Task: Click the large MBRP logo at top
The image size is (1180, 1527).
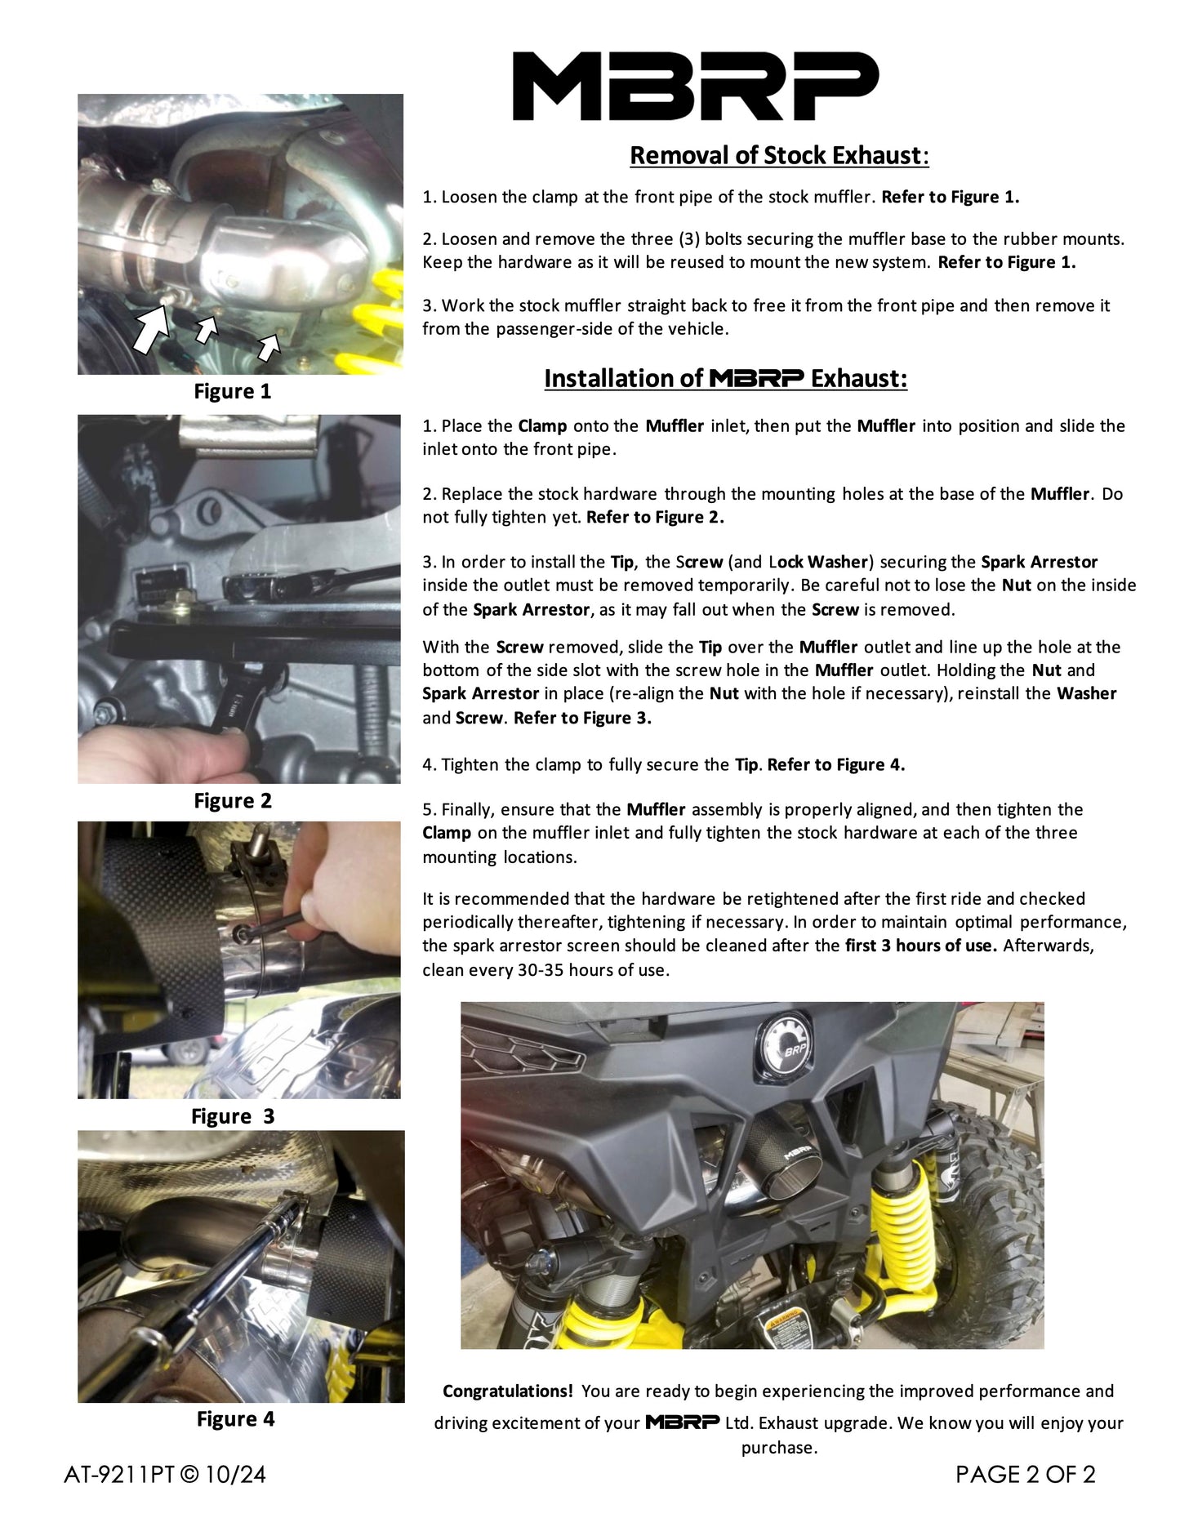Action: [695, 86]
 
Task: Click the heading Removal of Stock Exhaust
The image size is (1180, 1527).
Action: [779, 155]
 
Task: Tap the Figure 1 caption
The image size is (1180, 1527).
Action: [232, 391]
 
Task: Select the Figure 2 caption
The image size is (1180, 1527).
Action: [232, 801]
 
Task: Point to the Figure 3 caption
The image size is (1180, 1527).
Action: [232, 1116]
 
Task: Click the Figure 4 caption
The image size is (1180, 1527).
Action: [235, 1419]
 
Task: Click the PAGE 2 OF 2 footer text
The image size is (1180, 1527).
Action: [1025, 1475]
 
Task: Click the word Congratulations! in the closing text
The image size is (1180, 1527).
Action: [507, 1391]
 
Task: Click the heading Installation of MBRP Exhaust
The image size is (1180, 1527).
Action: [725, 379]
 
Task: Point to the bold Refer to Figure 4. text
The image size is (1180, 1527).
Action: [836, 765]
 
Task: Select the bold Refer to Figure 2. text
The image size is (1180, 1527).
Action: [655, 517]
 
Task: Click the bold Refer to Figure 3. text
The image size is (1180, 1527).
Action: [582, 718]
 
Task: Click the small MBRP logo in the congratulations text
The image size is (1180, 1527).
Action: [682, 1422]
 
